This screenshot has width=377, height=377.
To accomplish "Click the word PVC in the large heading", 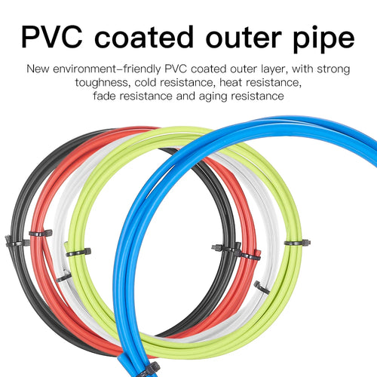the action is click(x=52, y=37).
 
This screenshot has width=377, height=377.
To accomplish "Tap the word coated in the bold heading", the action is click(x=144, y=36).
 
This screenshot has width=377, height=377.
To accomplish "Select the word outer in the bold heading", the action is click(x=244, y=38).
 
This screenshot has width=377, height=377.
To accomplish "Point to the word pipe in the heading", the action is click(x=323, y=39).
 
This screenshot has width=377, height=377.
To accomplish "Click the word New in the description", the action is click(x=38, y=69).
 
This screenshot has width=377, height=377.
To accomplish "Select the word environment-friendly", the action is click(x=107, y=69).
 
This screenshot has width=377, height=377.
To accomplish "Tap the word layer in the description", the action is click(x=274, y=69).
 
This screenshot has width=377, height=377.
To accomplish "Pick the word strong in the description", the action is click(x=333, y=69).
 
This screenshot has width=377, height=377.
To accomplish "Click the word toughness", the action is click(x=103, y=83).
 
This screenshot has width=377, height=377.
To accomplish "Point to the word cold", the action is click(x=146, y=82).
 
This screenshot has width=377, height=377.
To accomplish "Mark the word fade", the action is click(x=104, y=96).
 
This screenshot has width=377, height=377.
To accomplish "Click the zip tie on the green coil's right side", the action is click(x=297, y=243).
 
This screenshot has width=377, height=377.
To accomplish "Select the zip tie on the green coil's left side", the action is click(x=78, y=252).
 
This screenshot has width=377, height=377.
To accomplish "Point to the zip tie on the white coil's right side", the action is click(x=262, y=287).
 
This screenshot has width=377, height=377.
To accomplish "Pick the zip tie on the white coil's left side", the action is click(x=63, y=277).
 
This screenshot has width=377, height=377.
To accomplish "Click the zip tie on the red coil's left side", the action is click(x=41, y=233).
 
